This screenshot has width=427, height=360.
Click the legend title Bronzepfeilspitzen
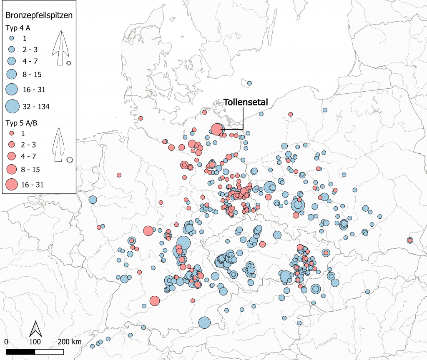click(39, 16)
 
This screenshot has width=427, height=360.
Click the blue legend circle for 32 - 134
click(12, 106)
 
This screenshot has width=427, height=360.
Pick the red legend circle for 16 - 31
click(12, 184)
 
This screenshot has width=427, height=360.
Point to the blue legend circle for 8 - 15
click(12, 74)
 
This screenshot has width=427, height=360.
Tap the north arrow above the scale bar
click(36, 329)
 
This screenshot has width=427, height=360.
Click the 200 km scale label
click(70, 342)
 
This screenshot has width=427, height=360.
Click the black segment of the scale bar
click(20, 352)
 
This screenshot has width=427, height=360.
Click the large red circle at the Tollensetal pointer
click(216, 129)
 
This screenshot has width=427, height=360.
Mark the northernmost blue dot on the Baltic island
click(249, 83)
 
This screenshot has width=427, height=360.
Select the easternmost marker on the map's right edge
click(410, 240)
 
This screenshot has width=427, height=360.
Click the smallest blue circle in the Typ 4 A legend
click(12, 38)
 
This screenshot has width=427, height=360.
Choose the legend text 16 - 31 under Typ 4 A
click(34, 90)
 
